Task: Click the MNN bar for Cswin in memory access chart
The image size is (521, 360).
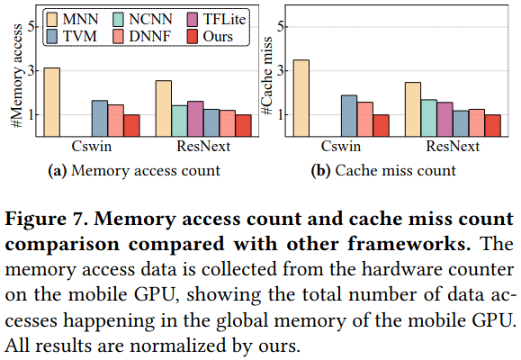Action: [52, 102]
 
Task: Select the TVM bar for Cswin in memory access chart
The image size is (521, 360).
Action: [100, 118]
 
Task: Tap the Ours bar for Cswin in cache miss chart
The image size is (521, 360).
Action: [381, 126]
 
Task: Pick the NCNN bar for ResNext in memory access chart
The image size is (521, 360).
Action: [179, 121]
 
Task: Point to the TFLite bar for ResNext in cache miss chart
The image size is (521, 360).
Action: [445, 120]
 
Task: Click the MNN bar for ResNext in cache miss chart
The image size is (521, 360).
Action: [413, 110]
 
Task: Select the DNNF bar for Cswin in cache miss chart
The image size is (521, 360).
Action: [364, 120]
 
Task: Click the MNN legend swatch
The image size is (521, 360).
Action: [52, 19]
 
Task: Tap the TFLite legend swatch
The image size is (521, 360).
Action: [193, 19]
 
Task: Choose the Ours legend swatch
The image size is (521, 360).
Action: [193, 36]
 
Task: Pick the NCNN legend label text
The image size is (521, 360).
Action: [150, 19]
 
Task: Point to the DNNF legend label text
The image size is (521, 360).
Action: [150, 36]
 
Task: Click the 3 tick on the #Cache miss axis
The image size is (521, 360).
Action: [281, 71]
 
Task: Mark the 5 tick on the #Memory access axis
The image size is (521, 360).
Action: [31, 27]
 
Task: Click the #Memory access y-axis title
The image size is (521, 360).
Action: [16, 76]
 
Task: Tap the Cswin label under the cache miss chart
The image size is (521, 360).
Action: [341, 147]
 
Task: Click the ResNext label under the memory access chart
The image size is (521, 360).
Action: [203, 147]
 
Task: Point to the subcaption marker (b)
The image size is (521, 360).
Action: [320, 171]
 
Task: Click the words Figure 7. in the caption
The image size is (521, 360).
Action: [47, 219]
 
